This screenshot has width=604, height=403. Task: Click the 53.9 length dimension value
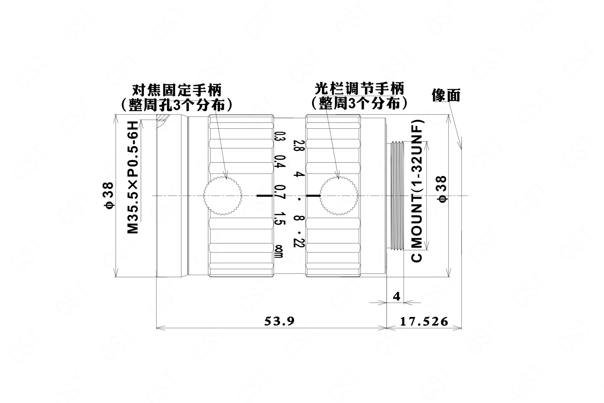[x=279, y=321]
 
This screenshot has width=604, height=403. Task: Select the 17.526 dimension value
[x=424, y=321]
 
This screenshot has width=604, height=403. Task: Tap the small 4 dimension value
[x=397, y=296]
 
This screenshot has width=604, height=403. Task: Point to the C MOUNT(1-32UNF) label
[x=417, y=191]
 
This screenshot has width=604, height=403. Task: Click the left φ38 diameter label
[x=109, y=196]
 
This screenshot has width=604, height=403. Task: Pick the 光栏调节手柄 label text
[x=359, y=89]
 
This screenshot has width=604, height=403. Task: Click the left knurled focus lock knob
[x=222, y=196]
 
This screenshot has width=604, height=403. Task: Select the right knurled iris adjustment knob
[x=339, y=196]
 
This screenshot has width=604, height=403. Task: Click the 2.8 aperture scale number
[x=296, y=145]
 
